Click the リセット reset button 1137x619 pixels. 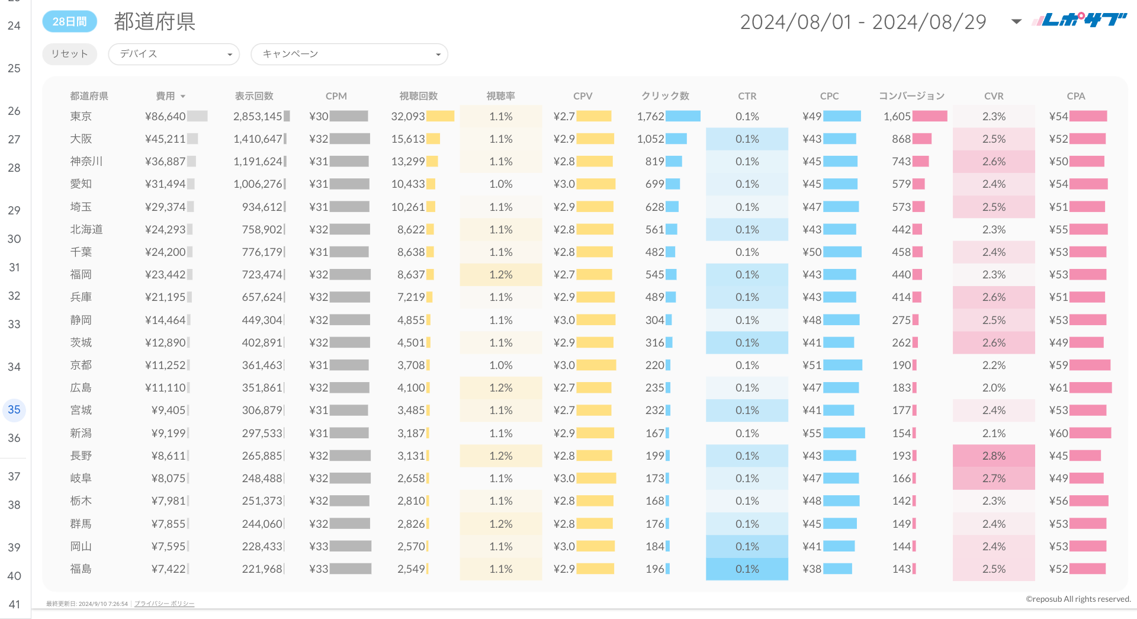point(69,54)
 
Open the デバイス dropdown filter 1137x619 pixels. point(174,54)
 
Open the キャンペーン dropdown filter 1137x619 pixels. point(349,54)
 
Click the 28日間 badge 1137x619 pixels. point(69,22)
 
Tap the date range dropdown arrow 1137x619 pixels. point(1016,22)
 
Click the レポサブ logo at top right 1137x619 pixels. point(1079,21)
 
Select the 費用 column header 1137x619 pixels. point(166,96)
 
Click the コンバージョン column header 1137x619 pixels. point(911,96)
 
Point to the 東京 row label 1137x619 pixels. point(81,117)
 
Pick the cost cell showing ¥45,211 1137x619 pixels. point(165,139)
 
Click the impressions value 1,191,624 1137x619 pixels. point(258,162)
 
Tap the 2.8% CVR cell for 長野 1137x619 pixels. point(994,456)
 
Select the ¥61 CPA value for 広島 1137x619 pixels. point(1058,388)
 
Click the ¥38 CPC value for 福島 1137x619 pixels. point(812,569)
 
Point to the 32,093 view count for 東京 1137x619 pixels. point(408,117)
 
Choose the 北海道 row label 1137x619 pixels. point(86,230)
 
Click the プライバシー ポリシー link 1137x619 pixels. point(164,604)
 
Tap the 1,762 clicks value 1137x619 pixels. point(650,117)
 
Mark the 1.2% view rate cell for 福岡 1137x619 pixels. point(501,275)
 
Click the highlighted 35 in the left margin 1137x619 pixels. point(14,410)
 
